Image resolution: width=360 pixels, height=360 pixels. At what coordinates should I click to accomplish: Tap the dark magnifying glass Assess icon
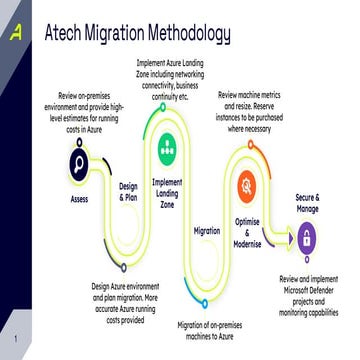point(80,164)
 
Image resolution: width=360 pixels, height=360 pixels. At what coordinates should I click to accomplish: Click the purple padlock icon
point(306,238)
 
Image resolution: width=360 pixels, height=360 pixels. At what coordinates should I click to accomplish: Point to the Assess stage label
point(80,199)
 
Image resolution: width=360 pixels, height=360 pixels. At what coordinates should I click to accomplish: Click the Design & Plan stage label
point(128,191)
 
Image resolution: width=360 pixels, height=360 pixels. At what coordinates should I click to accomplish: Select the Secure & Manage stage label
point(306,202)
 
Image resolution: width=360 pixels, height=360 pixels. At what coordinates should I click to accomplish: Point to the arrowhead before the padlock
point(289,238)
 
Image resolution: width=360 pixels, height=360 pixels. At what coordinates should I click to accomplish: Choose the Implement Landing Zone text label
point(167,192)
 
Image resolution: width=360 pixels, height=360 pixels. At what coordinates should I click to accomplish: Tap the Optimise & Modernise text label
point(247,228)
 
